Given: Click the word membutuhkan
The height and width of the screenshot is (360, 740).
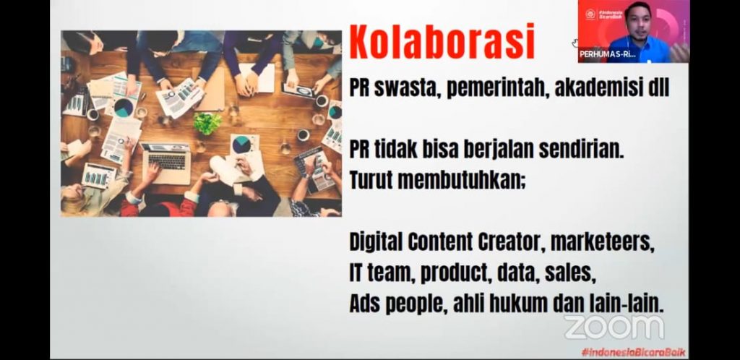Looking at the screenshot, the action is point(460,180).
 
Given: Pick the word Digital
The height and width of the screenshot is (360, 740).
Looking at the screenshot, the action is point(376,242).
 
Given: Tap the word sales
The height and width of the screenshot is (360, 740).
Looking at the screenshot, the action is point(568,274).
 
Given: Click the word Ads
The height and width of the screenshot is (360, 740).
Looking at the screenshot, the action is point(365,305).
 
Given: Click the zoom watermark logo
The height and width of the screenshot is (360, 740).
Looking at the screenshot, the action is point(614,327).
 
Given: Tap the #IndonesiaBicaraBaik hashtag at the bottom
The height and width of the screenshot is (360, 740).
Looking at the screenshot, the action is point(634,352).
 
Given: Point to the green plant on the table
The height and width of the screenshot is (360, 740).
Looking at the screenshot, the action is point(207,123).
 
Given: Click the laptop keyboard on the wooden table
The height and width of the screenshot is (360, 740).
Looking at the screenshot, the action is point(167,161).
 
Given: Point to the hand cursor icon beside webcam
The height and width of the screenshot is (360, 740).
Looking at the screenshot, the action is point(575,43).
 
